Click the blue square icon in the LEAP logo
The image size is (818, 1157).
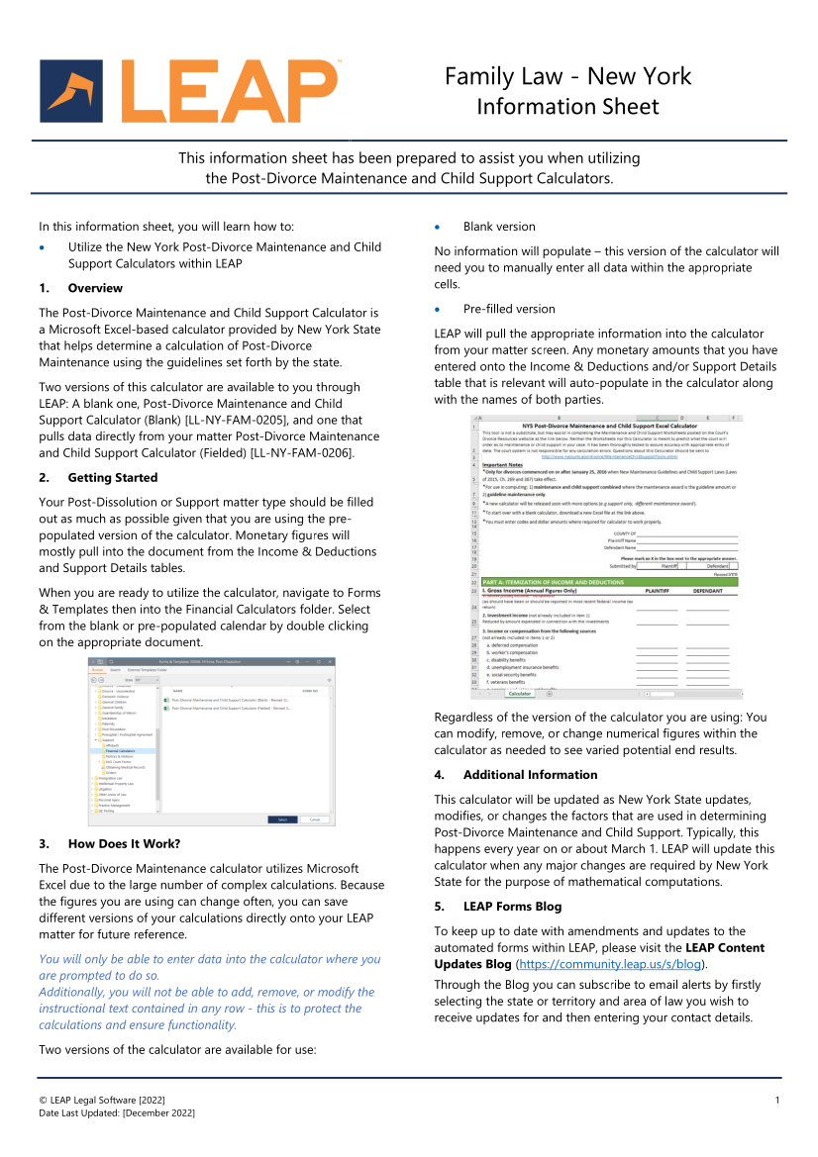[x=71, y=90]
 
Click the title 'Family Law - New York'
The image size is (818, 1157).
[x=567, y=76]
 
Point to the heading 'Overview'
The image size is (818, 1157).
[x=95, y=288]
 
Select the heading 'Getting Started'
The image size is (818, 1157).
[x=113, y=477]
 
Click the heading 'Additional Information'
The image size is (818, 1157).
[x=530, y=774]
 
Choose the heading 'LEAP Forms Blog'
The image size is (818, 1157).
[x=512, y=906]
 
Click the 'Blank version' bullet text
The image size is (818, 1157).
[x=499, y=227]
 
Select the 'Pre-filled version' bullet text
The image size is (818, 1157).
[x=509, y=309]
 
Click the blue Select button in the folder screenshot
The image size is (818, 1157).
[x=282, y=820]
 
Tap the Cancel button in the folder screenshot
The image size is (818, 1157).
[x=314, y=820]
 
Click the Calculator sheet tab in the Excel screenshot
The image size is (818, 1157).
[x=521, y=694]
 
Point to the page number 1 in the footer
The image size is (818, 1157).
[x=777, y=1100]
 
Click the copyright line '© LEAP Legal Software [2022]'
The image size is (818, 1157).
[x=102, y=1100]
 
